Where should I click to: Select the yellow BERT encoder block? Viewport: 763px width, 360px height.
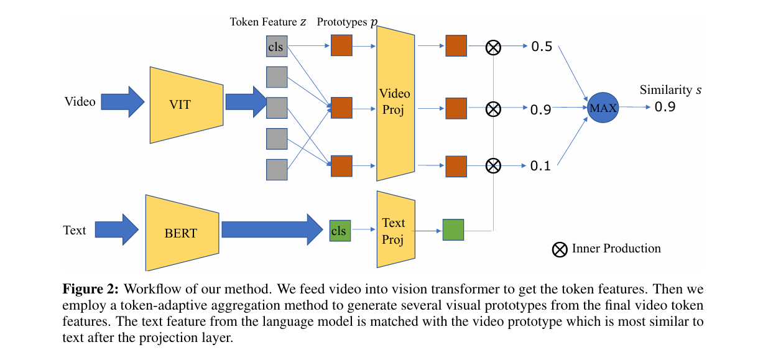click(182, 233)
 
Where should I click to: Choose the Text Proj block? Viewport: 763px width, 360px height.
click(394, 231)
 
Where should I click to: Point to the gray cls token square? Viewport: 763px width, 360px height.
click(277, 47)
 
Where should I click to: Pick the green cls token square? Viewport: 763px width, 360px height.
click(339, 231)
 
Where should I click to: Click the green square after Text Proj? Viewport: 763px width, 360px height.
click(453, 229)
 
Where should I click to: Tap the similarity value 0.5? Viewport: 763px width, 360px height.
click(542, 47)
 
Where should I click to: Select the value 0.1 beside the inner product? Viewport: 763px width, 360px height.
click(541, 167)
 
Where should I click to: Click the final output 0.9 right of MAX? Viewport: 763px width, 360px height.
click(665, 107)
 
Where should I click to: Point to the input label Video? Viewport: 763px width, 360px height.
click(80, 101)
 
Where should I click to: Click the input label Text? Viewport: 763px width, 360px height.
click(75, 230)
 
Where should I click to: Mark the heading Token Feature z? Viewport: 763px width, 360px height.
click(268, 22)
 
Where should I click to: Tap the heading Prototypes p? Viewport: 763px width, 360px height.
click(347, 22)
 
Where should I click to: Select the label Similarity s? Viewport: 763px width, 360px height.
click(670, 90)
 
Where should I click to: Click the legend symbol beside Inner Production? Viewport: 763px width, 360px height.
click(560, 249)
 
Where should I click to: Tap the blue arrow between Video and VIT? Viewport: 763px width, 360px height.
click(123, 101)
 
